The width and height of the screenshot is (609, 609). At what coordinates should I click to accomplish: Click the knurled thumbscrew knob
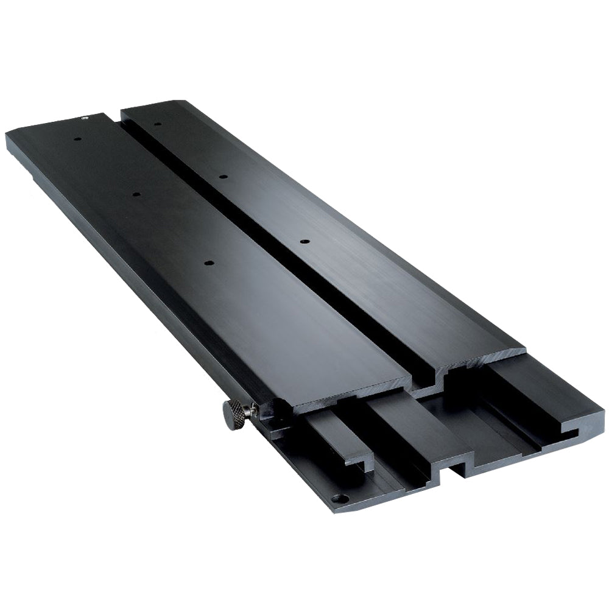click(x=233, y=415)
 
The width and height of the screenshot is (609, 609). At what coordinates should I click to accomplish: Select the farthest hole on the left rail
click(x=78, y=138)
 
